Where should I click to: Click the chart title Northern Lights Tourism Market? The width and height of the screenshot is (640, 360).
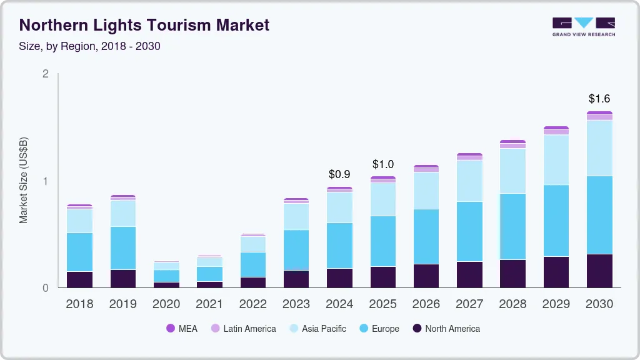(x=144, y=25)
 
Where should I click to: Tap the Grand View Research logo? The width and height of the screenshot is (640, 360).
(x=583, y=27)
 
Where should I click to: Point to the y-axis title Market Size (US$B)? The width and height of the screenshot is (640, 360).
(x=24, y=181)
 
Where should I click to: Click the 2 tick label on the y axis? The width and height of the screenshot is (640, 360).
(x=45, y=74)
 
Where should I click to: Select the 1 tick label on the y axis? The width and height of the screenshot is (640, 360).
(x=45, y=181)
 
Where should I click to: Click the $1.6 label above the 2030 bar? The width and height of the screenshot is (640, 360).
(x=599, y=99)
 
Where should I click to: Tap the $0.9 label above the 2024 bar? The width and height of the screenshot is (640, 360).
(x=339, y=174)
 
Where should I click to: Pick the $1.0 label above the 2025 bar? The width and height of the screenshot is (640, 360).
(x=383, y=164)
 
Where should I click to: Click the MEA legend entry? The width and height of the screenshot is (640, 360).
(x=182, y=329)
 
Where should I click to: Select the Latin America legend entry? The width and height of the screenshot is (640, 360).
(x=243, y=329)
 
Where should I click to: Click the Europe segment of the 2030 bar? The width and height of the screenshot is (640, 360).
(x=599, y=215)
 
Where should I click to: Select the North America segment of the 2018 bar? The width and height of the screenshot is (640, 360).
(x=80, y=279)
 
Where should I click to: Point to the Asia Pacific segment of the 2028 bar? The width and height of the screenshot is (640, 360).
(x=512, y=171)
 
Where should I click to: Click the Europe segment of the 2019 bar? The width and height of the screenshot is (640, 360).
(x=123, y=248)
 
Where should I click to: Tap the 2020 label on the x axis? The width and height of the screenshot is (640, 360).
(x=166, y=304)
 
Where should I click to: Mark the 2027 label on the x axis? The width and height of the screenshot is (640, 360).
(x=469, y=304)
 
